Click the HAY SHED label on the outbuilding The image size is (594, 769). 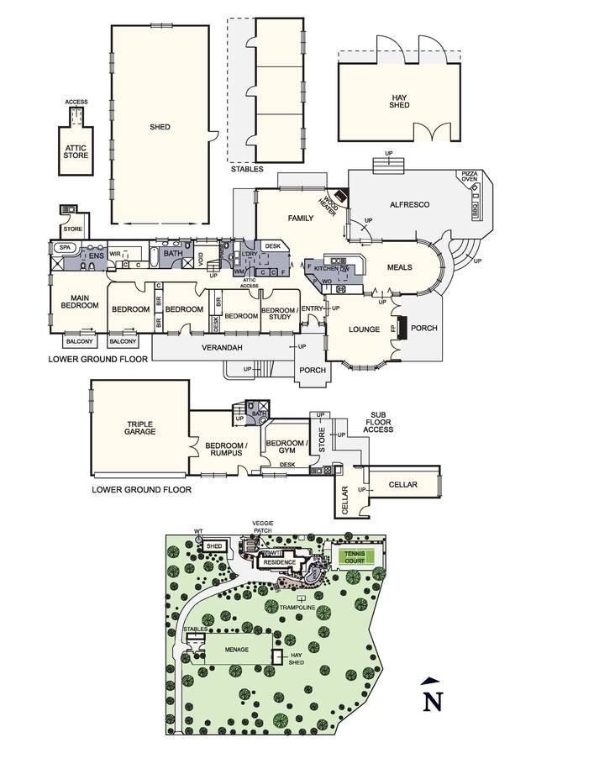pyautogui.click(x=400, y=102)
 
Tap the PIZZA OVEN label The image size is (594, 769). pyautogui.click(x=469, y=176)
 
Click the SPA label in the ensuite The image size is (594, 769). pyautogui.click(x=64, y=248)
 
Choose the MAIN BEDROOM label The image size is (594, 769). pyautogui.click(x=80, y=302)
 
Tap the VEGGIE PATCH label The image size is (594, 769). pyautogui.click(x=262, y=527)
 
